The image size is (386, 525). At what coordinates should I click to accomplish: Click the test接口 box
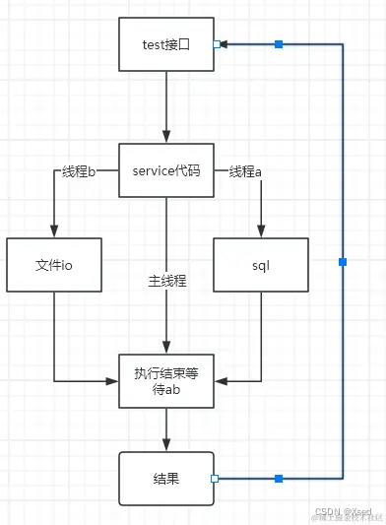coord(166,44)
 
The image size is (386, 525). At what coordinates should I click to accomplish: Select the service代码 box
coord(166,170)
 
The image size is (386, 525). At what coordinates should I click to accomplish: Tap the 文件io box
coord(54,265)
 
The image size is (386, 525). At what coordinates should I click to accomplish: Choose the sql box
coord(261,265)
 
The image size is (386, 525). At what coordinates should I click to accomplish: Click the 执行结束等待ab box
coord(166,380)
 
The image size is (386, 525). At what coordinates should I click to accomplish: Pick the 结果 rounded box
coord(166,478)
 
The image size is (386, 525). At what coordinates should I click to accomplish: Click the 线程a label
coord(245,171)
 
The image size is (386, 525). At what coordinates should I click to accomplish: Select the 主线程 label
coord(166,280)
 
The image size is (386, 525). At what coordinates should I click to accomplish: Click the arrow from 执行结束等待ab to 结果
coord(166,429)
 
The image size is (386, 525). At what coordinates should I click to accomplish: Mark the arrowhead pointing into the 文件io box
coord(54,230)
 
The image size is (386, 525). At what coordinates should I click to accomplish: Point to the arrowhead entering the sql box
coord(261,230)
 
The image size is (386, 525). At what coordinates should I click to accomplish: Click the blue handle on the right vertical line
coord(342,261)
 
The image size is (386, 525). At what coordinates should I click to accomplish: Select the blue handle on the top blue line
coord(279,44)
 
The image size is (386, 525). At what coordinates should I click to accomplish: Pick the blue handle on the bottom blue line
coord(279,479)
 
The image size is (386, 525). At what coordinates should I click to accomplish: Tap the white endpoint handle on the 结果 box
coord(215,479)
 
